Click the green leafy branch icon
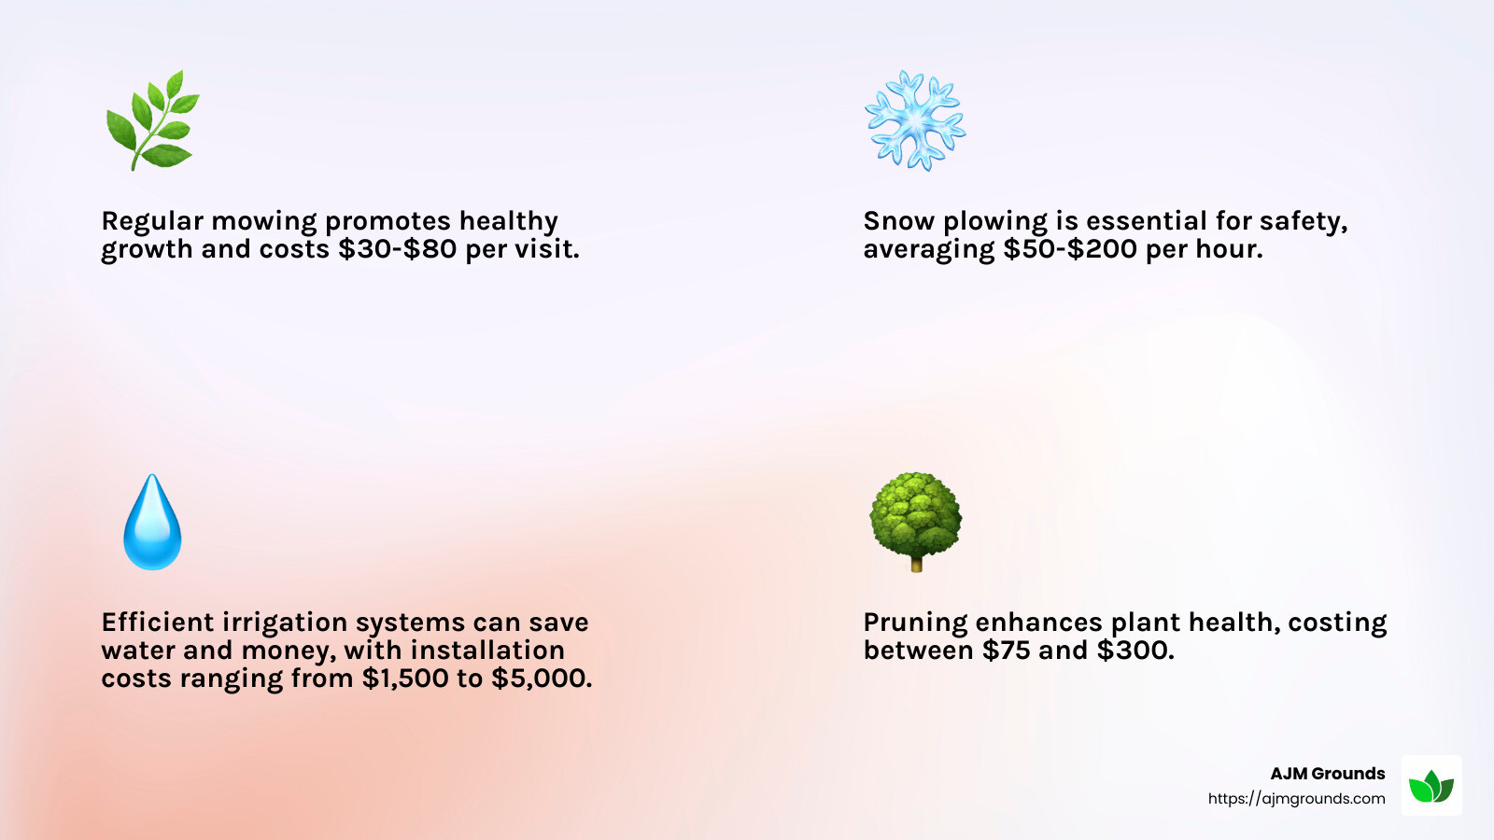(152, 120)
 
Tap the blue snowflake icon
(914, 120)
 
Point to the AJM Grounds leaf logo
(1431, 786)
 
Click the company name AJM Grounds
(1327, 774)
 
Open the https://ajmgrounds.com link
(1296, 799)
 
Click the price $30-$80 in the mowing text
(398, 249)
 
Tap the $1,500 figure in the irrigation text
(405, 679)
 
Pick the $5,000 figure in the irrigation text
(542, 679)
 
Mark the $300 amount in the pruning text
(1135, 651)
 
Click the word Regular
(152, 221)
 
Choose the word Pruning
(915, 623)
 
